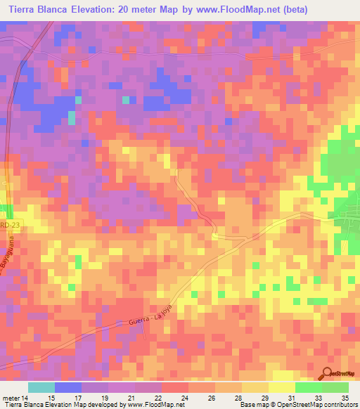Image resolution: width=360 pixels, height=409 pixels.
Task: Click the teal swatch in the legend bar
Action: pos(41,387)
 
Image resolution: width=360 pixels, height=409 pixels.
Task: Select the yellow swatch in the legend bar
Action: pos(281,387)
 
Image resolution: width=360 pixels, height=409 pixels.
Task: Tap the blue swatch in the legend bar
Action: pos(68,387)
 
